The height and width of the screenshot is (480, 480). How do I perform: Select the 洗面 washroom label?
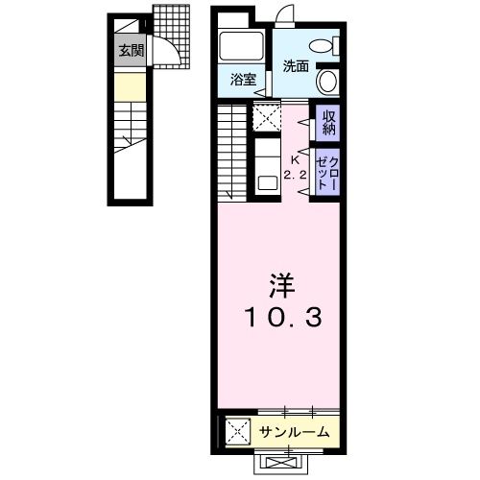pyautogui.click(x=295, y=66)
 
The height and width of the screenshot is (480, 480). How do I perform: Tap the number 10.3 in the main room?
pyautogui.click(x=279, y=318)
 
